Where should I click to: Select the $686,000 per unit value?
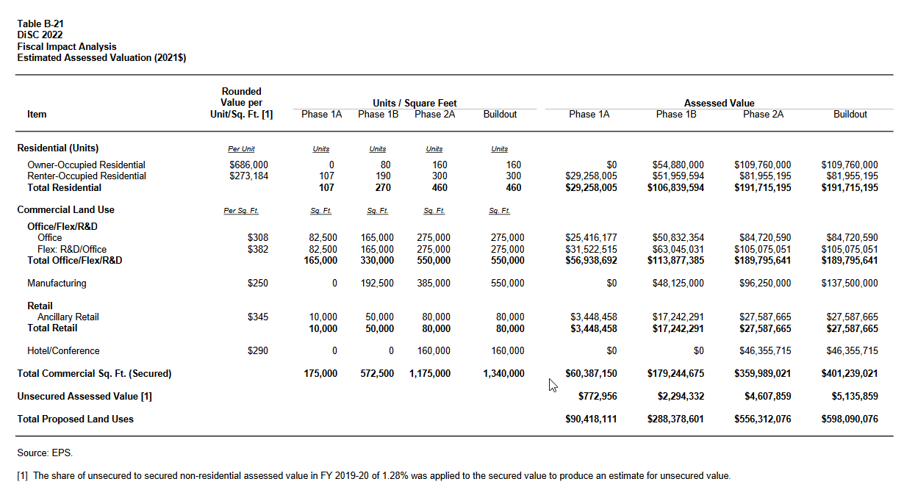tap(248, 165)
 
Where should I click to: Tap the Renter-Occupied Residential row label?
tap(86, 176)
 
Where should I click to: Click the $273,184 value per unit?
tap(248, 176)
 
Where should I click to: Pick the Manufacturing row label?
tap(57, 284)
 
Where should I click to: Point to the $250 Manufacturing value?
tap(258, 284)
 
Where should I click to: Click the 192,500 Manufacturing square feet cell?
tap(377, 284)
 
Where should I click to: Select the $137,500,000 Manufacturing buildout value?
tap(849, 284)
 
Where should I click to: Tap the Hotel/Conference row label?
tap(63, 351)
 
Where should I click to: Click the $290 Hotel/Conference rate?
tap(258, 351)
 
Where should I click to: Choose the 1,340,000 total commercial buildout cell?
tap(503, 374)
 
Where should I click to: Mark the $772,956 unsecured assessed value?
tap(598, 397)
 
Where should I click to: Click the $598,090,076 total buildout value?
tap(849, 419)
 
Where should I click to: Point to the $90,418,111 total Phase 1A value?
tap(591, 419)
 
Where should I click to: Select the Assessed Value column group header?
tap(719, 104)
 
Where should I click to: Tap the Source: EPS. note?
tap(45, 453)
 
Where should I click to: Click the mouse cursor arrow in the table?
tap(553, 385)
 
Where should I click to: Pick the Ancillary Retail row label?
tap(68, 317)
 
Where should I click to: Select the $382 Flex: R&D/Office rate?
tap(258, 250)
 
